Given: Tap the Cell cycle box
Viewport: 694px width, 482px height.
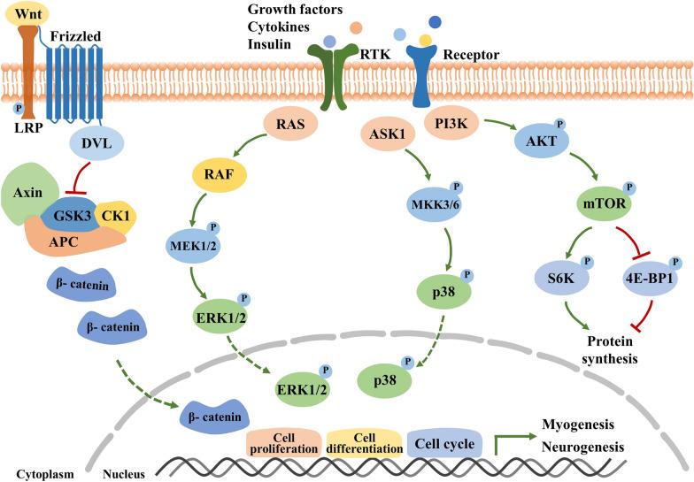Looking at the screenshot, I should pos(445,444).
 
